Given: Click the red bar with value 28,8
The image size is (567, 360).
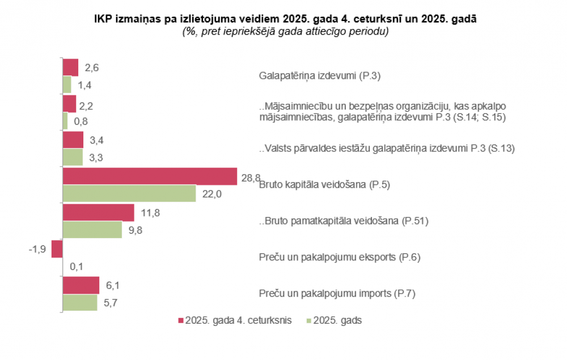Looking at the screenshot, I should tap(149, 176).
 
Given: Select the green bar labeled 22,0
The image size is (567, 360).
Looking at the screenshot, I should tap(129, 193).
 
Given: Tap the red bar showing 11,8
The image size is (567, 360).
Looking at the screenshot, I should tap(98, 213).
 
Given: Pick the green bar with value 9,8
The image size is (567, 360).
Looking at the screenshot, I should tap(92, 230).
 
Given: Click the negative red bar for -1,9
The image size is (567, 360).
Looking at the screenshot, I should tap(57, 249).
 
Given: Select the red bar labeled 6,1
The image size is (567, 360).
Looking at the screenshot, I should tap(81, 285).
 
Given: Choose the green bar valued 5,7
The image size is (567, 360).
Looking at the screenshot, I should tap(79, 302).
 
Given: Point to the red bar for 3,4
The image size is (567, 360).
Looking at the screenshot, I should tap(73, 140).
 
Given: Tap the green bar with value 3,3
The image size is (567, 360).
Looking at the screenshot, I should tap(73, 157).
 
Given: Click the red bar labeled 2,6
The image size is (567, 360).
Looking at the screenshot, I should tap(70, 67).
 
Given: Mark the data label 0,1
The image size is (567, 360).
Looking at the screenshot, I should tap(76, 266).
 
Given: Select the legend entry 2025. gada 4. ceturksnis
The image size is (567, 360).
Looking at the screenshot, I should tap(235, 321).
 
